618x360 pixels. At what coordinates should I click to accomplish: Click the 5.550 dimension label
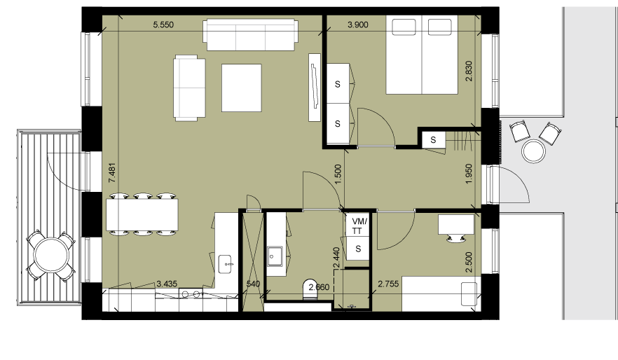[x=163, y=25]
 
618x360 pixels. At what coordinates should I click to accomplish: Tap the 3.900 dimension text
[x=358, y=25]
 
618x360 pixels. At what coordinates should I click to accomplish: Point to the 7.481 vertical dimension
[x=112, y=172]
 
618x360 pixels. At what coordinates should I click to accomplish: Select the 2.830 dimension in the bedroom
[x=469, y=71]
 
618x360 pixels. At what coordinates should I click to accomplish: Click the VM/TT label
[x=358, y=226]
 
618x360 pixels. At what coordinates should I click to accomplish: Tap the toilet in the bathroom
[x=310, y=289]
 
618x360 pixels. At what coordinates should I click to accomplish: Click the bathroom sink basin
[x=275, y=256]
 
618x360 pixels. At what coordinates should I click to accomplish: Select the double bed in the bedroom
[x=422, y=55]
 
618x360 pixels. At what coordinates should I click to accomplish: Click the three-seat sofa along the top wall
[x=250, y=34]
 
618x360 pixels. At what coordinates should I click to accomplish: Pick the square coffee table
[x=242, y=88]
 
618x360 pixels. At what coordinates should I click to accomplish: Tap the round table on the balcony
[x=51, y=255]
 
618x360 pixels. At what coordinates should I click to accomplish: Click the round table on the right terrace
[x=534, y=151]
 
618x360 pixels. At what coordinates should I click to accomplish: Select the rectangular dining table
[x=142, y=214]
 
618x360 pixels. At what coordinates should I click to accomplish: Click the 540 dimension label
[x=253, y=284]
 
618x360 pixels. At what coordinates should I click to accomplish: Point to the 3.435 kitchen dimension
[x=167, y=284]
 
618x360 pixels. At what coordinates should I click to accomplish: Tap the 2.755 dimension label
[x=388, y=284]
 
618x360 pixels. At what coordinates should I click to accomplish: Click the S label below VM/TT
[x=358, y=249]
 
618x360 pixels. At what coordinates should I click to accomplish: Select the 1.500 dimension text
[x=338, y=174]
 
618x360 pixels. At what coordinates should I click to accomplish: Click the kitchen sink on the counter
[x=226, y=264]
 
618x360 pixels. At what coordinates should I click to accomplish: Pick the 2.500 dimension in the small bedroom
[x=469, y=263]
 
